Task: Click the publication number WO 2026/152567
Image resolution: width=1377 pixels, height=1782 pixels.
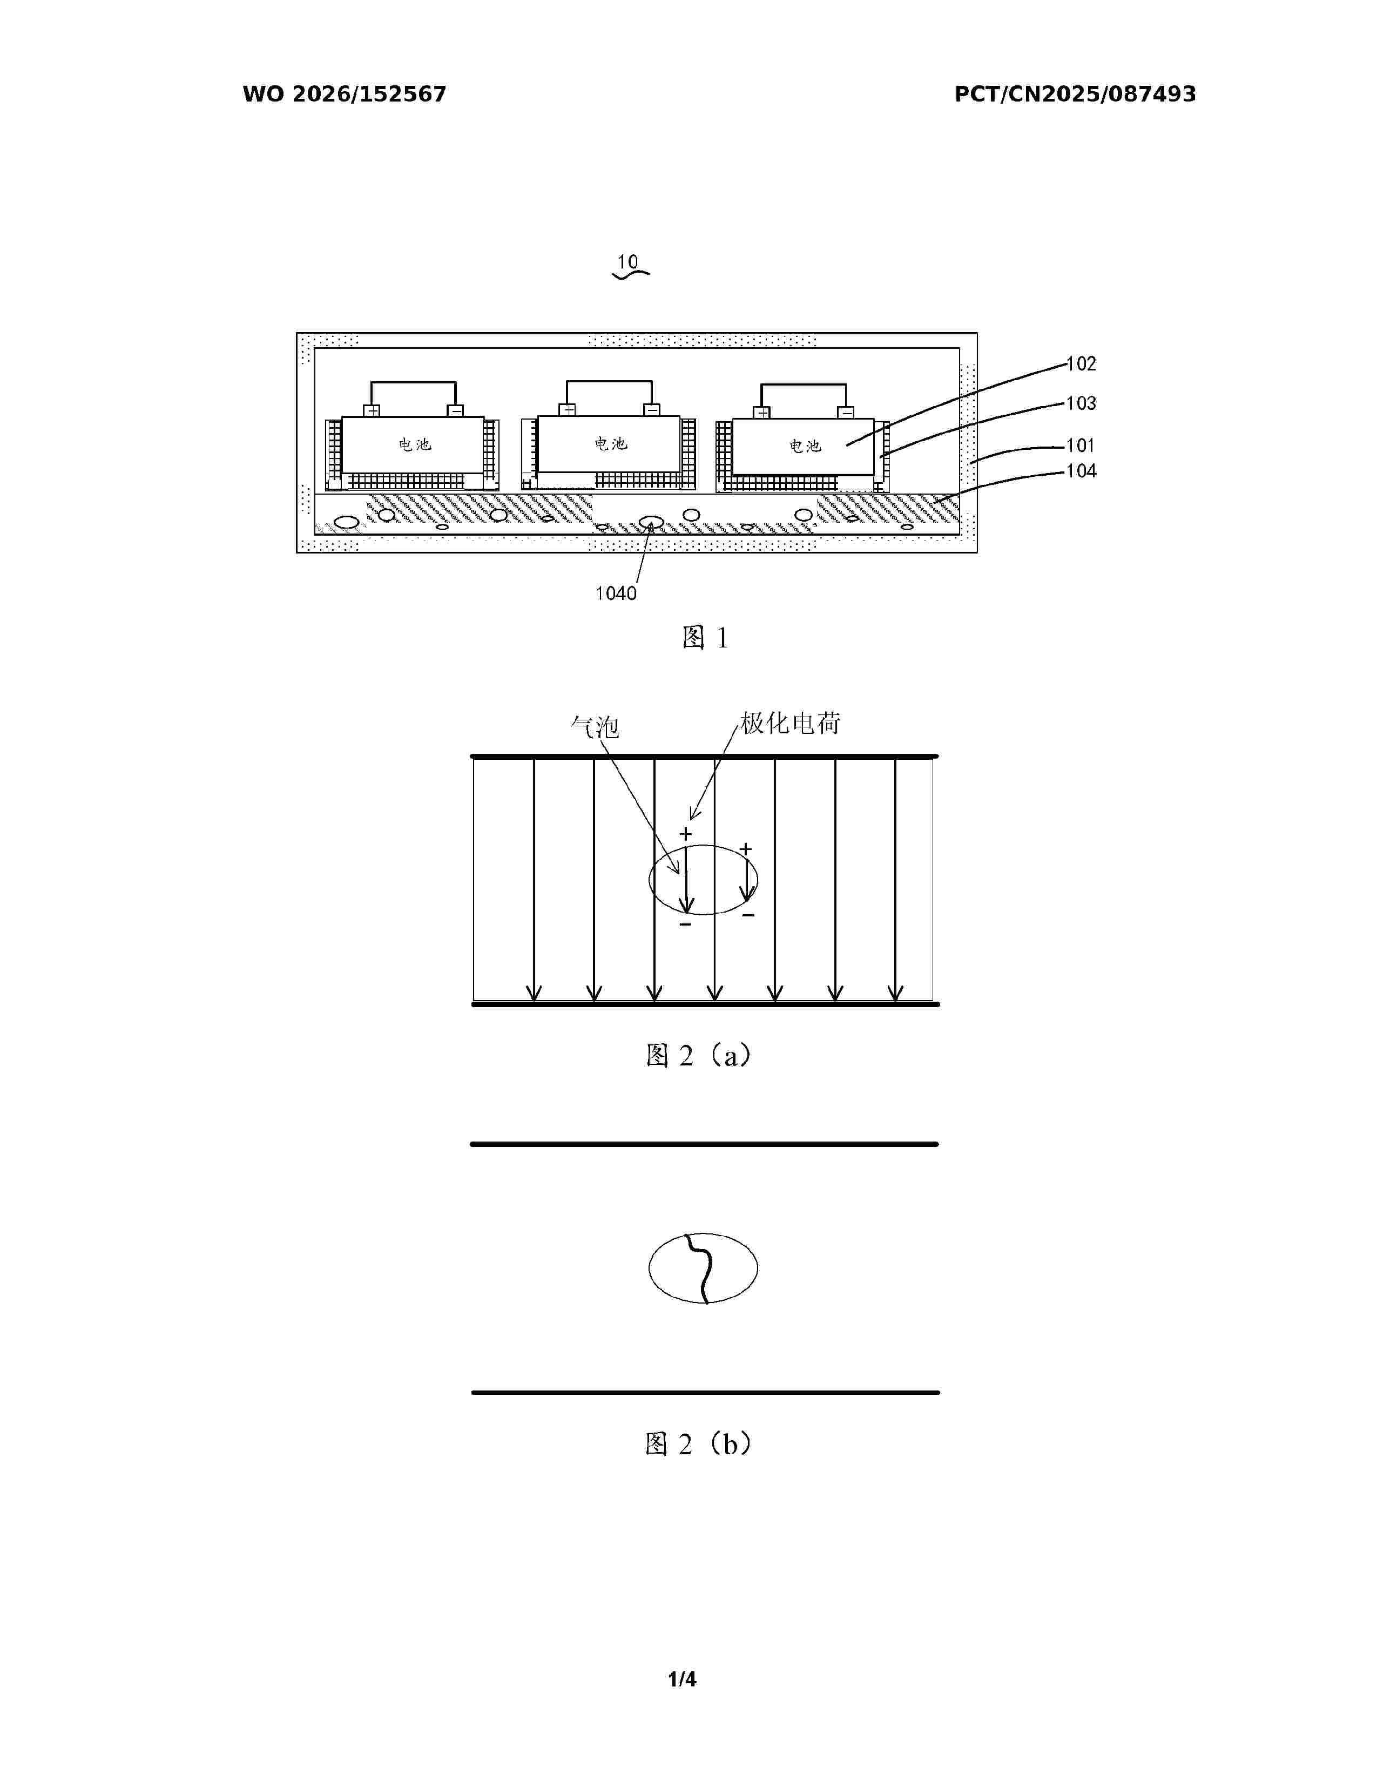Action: tap(345, 94)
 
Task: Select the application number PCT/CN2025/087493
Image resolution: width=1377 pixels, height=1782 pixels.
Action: tap(1075, 94)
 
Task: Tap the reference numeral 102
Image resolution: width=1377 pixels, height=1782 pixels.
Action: tap(1082, 364)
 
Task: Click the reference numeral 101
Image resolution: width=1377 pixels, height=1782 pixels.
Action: tap(1082, 446)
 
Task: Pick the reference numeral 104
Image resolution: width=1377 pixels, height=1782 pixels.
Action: tap(1082, 471)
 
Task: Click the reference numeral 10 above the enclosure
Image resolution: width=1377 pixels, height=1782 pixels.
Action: tap(627, 262)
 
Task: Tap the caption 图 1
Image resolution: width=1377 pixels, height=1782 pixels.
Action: tap(705, 638)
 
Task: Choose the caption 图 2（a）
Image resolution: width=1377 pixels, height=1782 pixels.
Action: tap(698, 1056)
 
